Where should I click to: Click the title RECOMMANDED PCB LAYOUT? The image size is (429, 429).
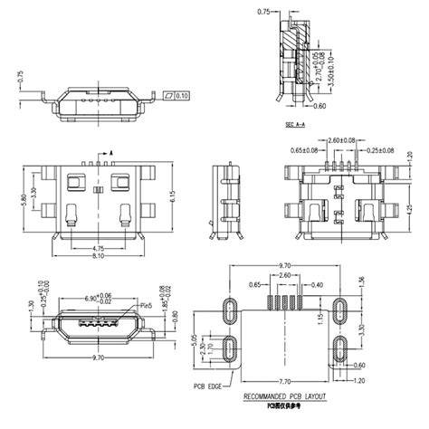point(284,397)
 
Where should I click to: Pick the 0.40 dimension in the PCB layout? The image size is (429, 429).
point(319,284)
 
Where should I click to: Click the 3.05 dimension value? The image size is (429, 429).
point(196,338)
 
